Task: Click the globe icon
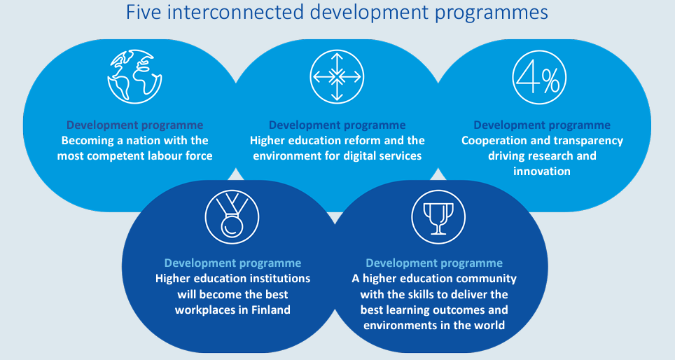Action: pyautogui.click(x=134, y=76)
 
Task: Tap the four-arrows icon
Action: pyautogui.click(x=337, y=77)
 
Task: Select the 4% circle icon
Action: pyautogui.click(x=539, y=77)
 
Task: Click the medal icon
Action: pyautogui.click(x=232, y=217)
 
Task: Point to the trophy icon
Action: pyautogui.click(x=438, y=217)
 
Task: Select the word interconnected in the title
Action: pyautogui.click(x=236, y=12)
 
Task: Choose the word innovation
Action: pyautogui.click(x=542, y=171)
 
